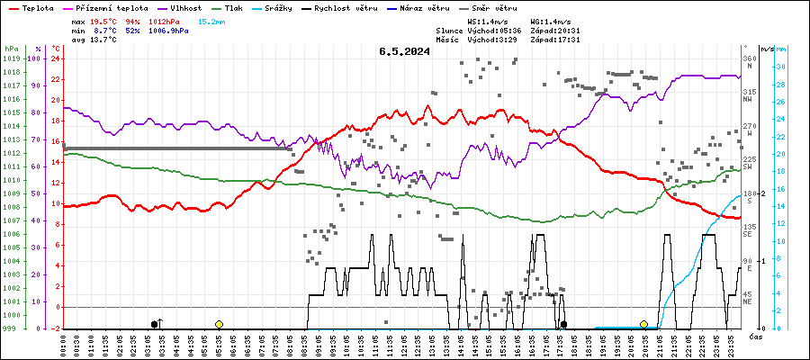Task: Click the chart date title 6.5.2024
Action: pos(404,51)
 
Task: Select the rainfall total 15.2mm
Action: pos(213,20)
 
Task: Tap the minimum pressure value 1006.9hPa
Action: pos(168,31)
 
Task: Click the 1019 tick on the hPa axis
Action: pos(11,59)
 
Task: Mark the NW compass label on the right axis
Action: pos(747,100)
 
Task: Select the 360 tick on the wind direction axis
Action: pos(748,59)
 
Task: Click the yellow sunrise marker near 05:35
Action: pos(219,324)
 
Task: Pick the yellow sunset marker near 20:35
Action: pos(643,324)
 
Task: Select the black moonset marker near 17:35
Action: pos(563,324)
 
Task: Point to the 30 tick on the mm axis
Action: pos(781,67)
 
